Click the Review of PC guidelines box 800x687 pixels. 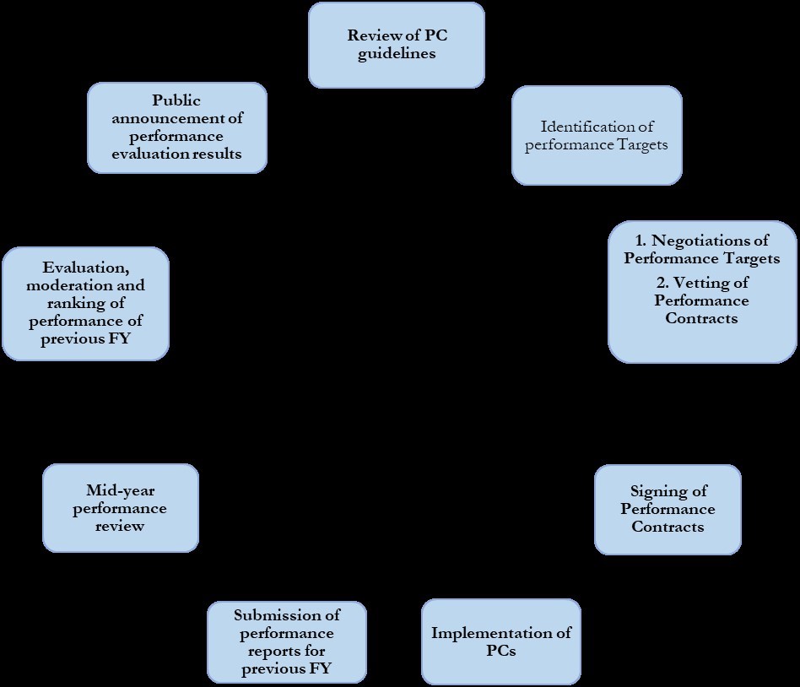click(397, 45)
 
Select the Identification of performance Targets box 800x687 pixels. click(597, 135)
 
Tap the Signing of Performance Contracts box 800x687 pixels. click(668, 510)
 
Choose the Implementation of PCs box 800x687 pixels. click(501, 641)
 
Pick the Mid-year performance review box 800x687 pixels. click(121, 508)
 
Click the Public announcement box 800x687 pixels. click(177, 127)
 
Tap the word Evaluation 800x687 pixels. click(86, 267)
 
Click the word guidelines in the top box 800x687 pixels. click(397, 53)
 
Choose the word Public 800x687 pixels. click(176, 100)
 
